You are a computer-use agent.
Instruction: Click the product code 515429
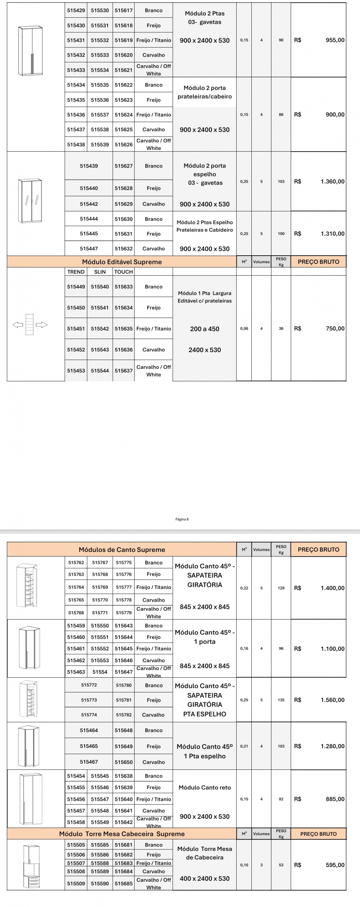[x=76, y=10]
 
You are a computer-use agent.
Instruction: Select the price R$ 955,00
[x=335, y=40]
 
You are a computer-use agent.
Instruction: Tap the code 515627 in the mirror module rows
[x=123, y=166]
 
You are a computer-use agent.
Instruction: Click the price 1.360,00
[x=332, y=181]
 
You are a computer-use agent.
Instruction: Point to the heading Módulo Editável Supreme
[x=122, y=262]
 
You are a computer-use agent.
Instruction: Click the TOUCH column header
[x=123, y=272]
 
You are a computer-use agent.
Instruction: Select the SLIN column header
[x=100, y=272]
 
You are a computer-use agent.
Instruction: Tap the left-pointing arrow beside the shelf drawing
[x=17, y=325]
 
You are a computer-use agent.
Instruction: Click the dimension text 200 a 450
[x=204, y=329]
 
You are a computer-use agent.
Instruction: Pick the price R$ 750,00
[x=335, y=328]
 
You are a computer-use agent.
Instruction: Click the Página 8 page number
[x=182, y=519]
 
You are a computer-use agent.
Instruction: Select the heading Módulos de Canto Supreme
[x=122, y=549]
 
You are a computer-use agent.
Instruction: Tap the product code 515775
[x=123, y=562]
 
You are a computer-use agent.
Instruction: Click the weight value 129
[x=281, y=588]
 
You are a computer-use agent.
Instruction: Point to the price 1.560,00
[x=332, y=700]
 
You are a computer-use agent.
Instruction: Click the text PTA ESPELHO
[x=204, y=714]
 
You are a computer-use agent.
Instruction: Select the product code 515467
[x=89, y=762]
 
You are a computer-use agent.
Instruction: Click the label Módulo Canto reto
[x=204, y=787]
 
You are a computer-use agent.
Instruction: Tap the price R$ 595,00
[x=335, y=865]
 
